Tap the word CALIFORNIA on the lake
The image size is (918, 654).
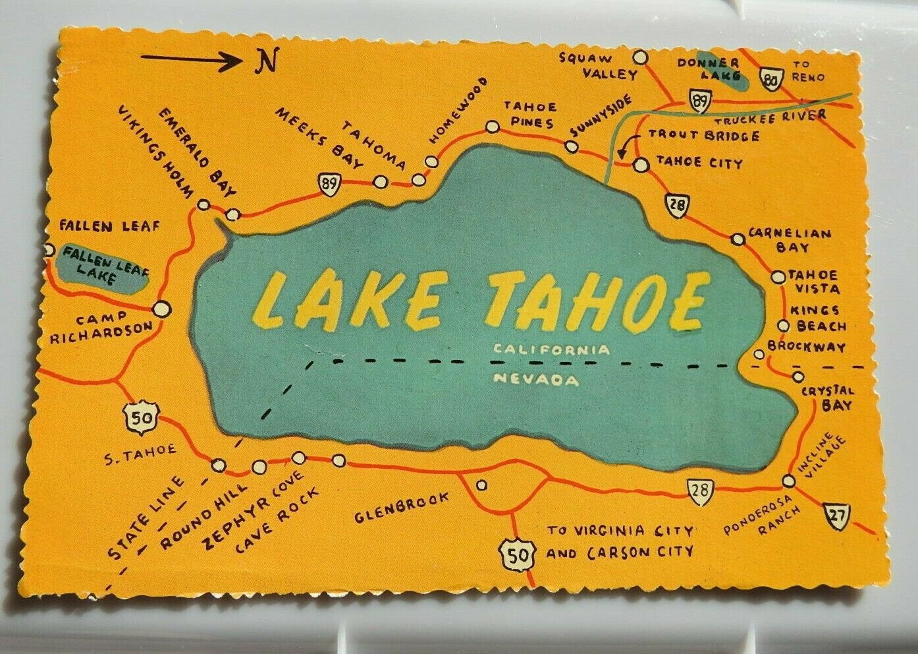point(553,349)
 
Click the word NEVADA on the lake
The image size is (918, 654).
point(536,380)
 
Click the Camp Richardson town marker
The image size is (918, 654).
point(160,307)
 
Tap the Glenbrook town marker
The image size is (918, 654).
point(482,485)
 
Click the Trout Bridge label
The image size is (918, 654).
point(703,136)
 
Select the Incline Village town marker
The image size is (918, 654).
point(789,481)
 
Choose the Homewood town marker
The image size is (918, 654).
point(431,160)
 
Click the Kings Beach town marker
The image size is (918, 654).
point(783,325)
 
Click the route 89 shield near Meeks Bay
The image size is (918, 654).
point(327,183)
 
